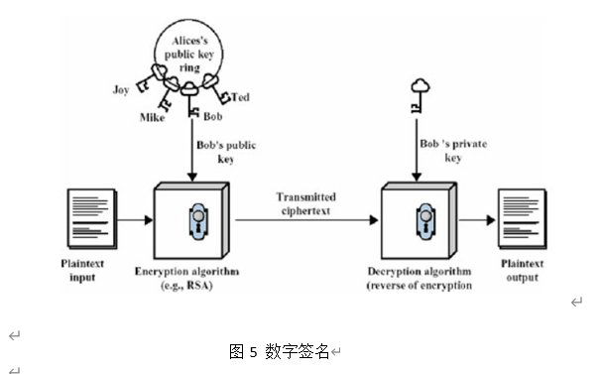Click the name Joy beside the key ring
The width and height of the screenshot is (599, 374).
coord(121,88)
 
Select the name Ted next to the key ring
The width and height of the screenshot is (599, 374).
coord(240,97)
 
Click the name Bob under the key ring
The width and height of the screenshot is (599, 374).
coord(212,117)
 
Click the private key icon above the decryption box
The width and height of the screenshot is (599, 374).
coord(419,97)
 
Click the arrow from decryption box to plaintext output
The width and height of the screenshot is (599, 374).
coord(478,220)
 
